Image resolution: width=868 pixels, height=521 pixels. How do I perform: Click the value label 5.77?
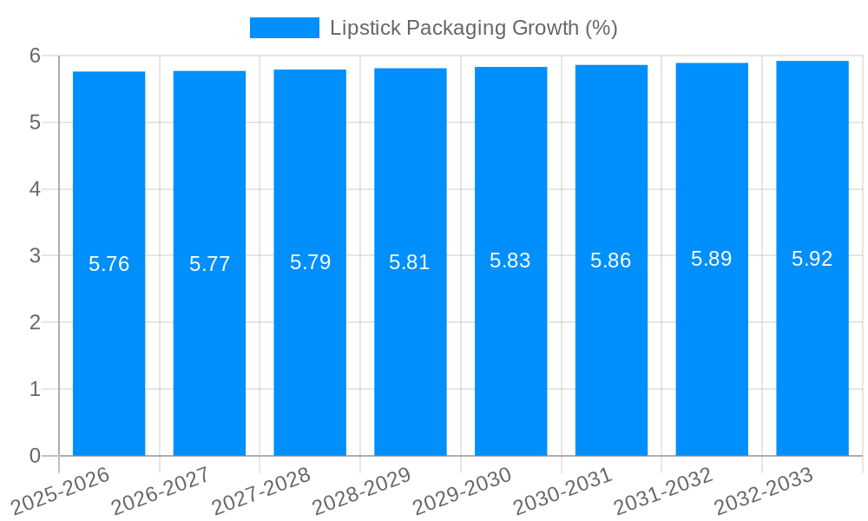pos(209,264)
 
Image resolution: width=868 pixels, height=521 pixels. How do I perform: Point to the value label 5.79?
pos(310,262)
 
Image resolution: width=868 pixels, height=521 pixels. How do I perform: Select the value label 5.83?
pos(510,260)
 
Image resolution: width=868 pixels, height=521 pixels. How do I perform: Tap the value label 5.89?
pos(712,259)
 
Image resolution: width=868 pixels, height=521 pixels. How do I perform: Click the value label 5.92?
pos(812,259)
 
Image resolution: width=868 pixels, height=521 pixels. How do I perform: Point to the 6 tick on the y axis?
pos(35,56)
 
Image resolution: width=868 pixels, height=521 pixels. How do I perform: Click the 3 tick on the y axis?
pos(35,256)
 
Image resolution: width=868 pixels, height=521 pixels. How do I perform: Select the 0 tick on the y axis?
pos(35,456)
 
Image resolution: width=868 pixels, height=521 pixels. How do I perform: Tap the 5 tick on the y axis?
pos(35,122)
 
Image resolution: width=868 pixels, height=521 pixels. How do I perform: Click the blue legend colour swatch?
pos(284,28)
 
